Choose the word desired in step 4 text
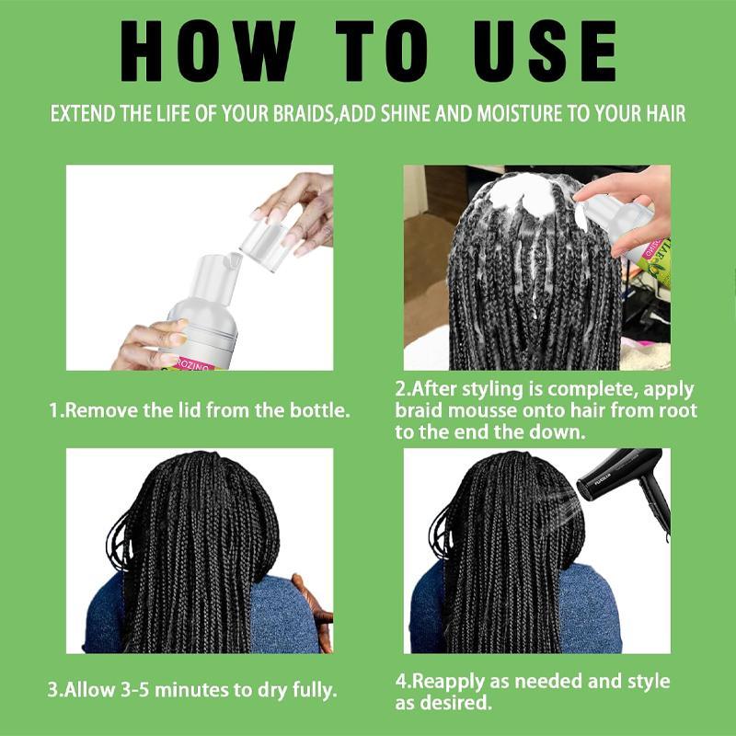point(458,704)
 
